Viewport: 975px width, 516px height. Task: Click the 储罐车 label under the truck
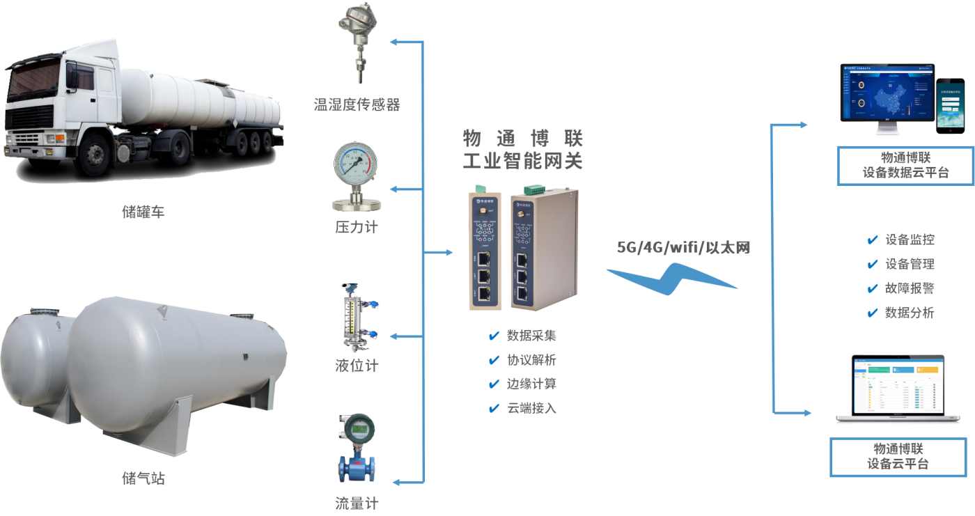[143, 212]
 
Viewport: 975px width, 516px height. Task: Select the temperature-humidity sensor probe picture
[357, 43]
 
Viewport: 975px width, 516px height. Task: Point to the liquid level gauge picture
[356, 318]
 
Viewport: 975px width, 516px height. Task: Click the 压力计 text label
[357, 227]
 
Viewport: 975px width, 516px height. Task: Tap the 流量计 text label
[357, 503]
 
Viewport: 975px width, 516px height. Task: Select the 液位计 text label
[357, 365]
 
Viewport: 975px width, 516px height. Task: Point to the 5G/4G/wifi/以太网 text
[683, 247]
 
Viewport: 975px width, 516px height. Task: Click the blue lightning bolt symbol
[672, 279]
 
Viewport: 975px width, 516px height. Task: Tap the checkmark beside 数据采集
[494, 336]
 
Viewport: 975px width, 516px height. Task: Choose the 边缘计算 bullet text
[532, 384]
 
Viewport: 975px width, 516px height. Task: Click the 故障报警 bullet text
[910, 288]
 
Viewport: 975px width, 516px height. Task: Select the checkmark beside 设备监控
[872, 240]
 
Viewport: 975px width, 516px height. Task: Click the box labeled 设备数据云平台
[905, 165]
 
